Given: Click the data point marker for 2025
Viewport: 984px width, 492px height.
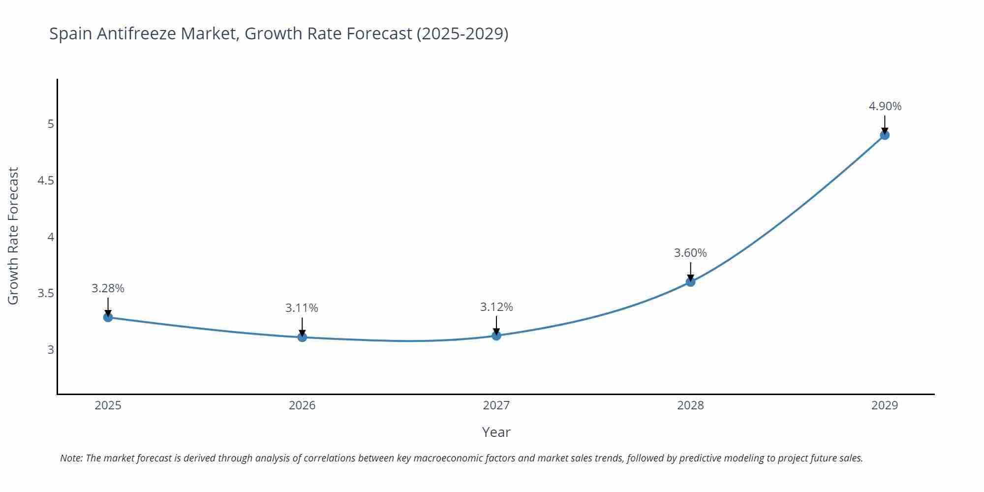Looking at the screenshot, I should coord(108,317).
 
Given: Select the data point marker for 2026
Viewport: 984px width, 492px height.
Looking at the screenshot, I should coord(302,337).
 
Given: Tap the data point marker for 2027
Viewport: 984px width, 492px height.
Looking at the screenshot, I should coord(496,336).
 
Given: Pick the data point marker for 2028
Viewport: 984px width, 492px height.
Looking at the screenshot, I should coord(690,282).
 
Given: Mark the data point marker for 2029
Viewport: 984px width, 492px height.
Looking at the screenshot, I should coord(885,135).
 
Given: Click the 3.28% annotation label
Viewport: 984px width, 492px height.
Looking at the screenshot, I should coord(108,288).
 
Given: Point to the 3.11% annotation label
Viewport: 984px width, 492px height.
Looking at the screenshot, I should coord(302,308).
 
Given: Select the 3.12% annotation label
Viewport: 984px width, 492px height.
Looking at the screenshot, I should coord(496,307).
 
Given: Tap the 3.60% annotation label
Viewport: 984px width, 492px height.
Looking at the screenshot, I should coord(690,253).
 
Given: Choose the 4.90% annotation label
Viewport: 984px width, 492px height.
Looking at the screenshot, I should coord(885,106).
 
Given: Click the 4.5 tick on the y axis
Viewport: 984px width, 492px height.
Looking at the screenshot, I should coord(46,181).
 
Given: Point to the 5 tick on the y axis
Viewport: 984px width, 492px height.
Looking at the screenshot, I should coord(51,124).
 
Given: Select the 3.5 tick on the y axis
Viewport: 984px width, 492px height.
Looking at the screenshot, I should coord(46,294).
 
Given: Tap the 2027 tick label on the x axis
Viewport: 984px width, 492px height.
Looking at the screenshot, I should coord(496,405).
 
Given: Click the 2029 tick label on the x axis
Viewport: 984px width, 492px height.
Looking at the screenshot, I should coord(885,405).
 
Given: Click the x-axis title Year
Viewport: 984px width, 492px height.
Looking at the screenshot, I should coord(496,432).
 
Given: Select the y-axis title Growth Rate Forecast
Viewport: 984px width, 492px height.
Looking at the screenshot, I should coord(13,236).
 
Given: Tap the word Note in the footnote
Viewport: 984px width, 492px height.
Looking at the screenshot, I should coord(71,458).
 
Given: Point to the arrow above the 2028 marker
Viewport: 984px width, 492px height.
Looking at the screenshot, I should coord(690,271).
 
